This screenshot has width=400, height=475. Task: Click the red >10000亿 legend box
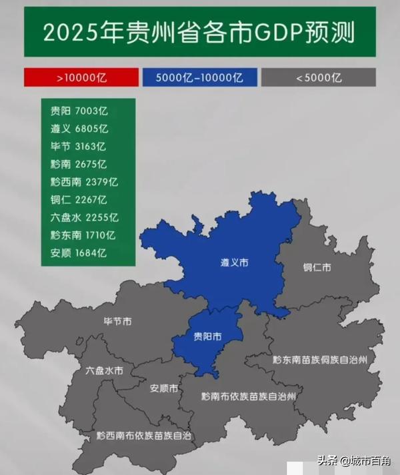81,77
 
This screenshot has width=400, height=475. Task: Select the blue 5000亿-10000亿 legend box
199,77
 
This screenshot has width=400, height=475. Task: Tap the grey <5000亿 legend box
319,77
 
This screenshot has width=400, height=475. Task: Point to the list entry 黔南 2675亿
79,164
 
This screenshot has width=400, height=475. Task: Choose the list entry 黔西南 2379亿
83,182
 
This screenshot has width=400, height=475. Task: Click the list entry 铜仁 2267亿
79,199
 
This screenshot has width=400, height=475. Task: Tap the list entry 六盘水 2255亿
83,217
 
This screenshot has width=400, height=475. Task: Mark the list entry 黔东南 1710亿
83,235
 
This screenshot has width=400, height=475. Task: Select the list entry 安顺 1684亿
79,252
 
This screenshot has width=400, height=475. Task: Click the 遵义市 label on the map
234,264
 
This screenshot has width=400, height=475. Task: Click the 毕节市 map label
117,322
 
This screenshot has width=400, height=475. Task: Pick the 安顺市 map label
164,388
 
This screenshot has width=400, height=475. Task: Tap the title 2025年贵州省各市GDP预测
199,32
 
